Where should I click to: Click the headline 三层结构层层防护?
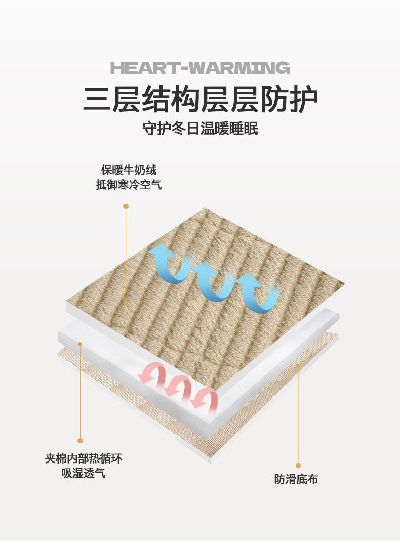200,99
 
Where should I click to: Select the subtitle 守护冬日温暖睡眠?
200,129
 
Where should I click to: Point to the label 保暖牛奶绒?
129,170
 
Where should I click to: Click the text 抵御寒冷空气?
129,185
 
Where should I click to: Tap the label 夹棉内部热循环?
84,459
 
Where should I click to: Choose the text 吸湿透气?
84,474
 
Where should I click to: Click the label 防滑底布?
296,479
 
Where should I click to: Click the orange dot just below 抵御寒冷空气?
126,206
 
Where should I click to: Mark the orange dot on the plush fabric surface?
126,303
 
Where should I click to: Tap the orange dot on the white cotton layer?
80,344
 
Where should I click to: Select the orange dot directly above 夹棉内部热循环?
80,441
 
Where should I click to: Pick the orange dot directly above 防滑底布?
298,465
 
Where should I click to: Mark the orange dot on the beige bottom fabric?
298,365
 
